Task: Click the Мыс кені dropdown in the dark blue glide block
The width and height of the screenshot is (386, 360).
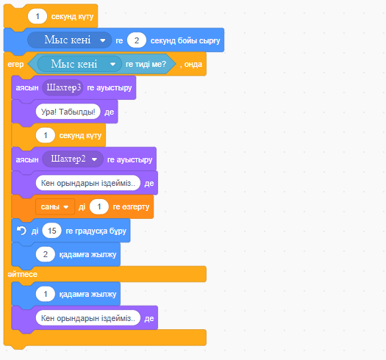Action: pyautogui.click(x=70, y=40)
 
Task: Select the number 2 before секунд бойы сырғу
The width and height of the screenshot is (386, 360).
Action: pyautogui.click(x=137, y=40)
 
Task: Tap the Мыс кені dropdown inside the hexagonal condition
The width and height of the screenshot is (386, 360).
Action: pyautogui.click(x=79, y=64)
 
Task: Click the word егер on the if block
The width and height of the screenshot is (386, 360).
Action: pyautogui.click(x=15, y=64)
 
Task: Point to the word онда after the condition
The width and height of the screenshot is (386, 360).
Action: pyautogui.click(x=193, y=64)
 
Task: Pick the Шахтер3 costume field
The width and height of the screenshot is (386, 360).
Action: pyautogui.click(x=62, y=87)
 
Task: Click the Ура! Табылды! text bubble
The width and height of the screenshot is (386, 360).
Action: pyautogui.click(x=68, y=112)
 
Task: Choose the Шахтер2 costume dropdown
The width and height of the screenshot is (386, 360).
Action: pyautogui.click(x=73, y=159)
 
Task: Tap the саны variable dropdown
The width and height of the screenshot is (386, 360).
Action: pyautogui.click(x=55, y=206)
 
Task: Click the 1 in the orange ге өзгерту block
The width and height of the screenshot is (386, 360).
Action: pyautogui.click(x=99, y=206)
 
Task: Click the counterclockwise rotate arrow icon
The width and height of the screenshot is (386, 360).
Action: pyautogui.click(x=21, y=231)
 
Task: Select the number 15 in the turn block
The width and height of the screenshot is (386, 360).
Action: pyautogui.click(x=51, y=231)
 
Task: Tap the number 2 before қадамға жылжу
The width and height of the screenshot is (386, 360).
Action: pyautogui.click(x=46, y=254)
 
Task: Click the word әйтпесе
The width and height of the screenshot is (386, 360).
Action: pyautogui.click(x=22, y=274)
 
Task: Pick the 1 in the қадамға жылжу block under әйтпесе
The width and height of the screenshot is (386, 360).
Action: pyautogui.click(x=46, y=294)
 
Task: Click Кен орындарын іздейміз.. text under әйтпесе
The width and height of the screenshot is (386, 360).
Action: pyautogui.click(x=88, y=318)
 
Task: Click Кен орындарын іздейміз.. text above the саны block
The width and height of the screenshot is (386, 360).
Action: pyautogui.click(x=88, y=183)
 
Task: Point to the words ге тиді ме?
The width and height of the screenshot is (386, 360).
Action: pyautogui.click(x=146, y=64)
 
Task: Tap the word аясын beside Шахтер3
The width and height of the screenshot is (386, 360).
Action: pyautogui.click(x=27, y=88)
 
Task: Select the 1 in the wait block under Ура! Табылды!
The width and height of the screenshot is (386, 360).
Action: pyautogui.click(x=46, y=135)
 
